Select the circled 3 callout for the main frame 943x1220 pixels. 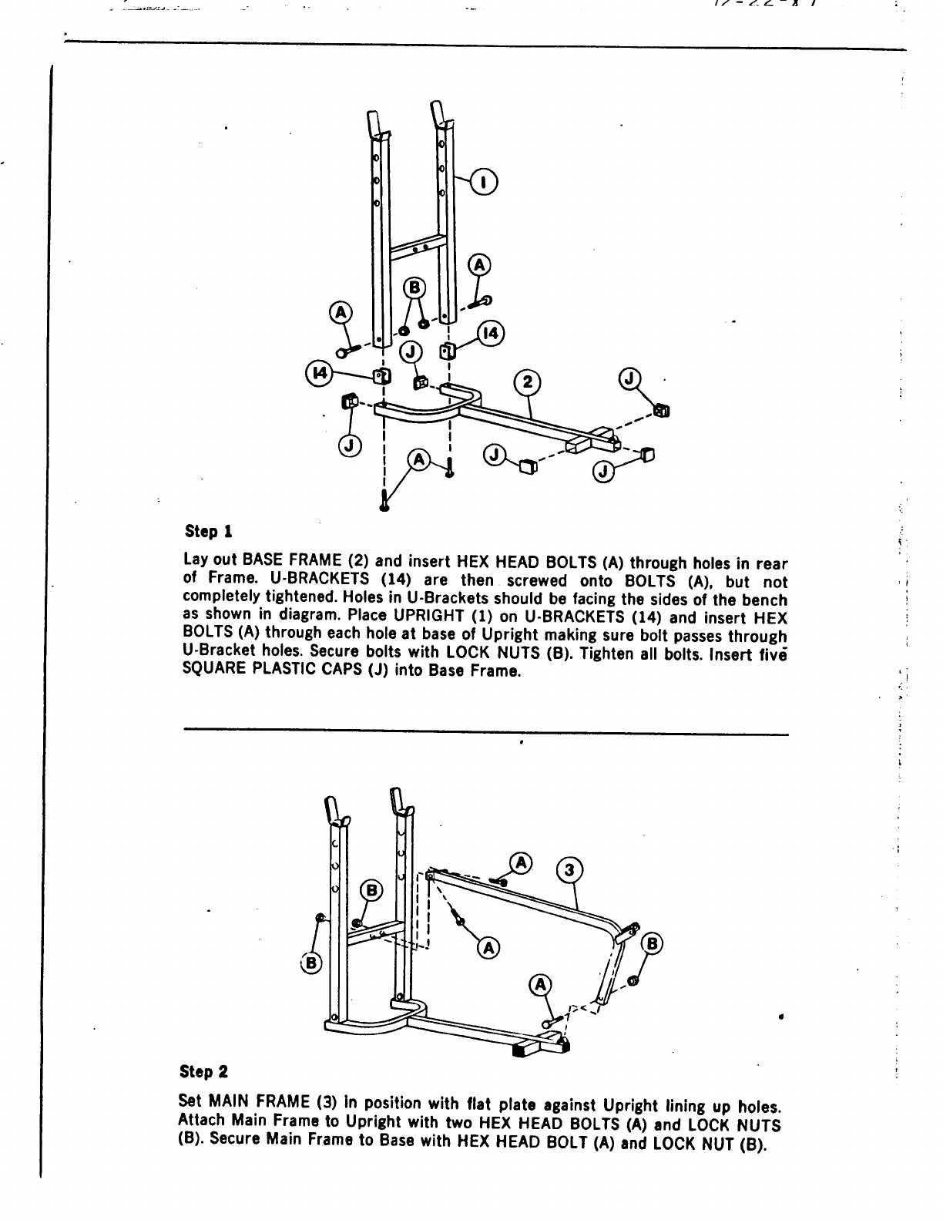[569, 870]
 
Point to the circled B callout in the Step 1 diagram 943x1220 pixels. [414, 287]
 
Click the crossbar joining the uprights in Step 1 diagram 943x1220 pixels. [417, 248]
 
